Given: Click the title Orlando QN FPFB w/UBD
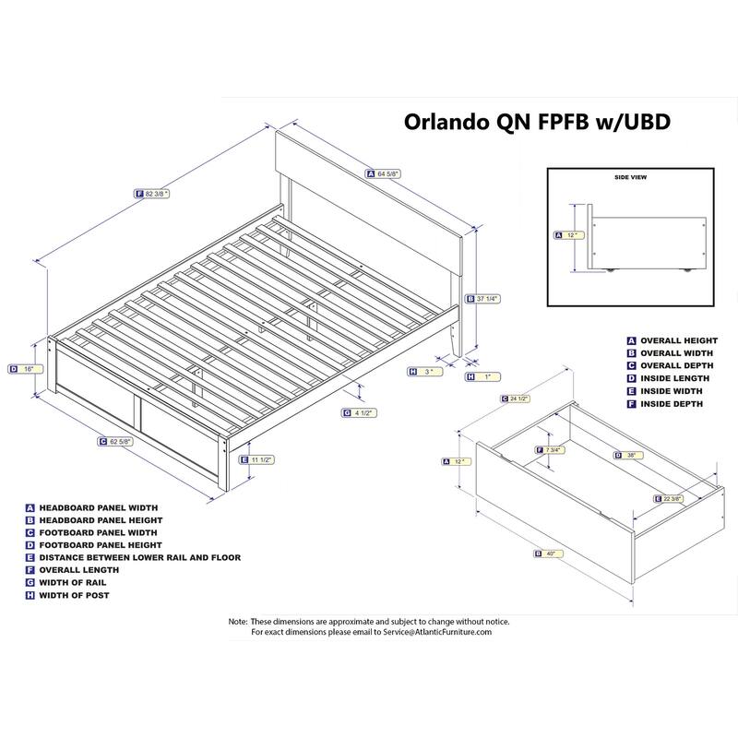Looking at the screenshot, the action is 537,122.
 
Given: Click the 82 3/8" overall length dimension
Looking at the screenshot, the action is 152,194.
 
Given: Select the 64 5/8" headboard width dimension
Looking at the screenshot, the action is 384,174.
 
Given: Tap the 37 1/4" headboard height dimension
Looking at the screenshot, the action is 482,299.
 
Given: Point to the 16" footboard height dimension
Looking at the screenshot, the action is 26,370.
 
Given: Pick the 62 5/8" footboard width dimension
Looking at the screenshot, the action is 116,442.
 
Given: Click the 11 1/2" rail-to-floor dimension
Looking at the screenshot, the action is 257,459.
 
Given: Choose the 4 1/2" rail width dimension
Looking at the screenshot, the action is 360,413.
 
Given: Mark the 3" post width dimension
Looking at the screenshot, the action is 425,372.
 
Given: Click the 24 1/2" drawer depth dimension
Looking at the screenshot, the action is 516,399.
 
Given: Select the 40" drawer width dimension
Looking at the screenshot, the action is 549,554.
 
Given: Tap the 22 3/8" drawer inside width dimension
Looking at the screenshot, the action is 669,499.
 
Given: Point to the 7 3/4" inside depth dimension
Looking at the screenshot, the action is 551,450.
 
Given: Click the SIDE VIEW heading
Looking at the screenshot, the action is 631,177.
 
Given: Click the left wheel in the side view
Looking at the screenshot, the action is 611,269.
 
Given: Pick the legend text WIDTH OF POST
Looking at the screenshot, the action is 75,595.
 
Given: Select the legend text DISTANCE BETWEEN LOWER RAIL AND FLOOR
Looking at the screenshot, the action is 140,558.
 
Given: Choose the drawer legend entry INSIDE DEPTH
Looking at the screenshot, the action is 672,404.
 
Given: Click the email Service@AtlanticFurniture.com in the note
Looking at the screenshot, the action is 437,632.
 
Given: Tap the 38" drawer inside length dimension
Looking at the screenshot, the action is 628,455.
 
